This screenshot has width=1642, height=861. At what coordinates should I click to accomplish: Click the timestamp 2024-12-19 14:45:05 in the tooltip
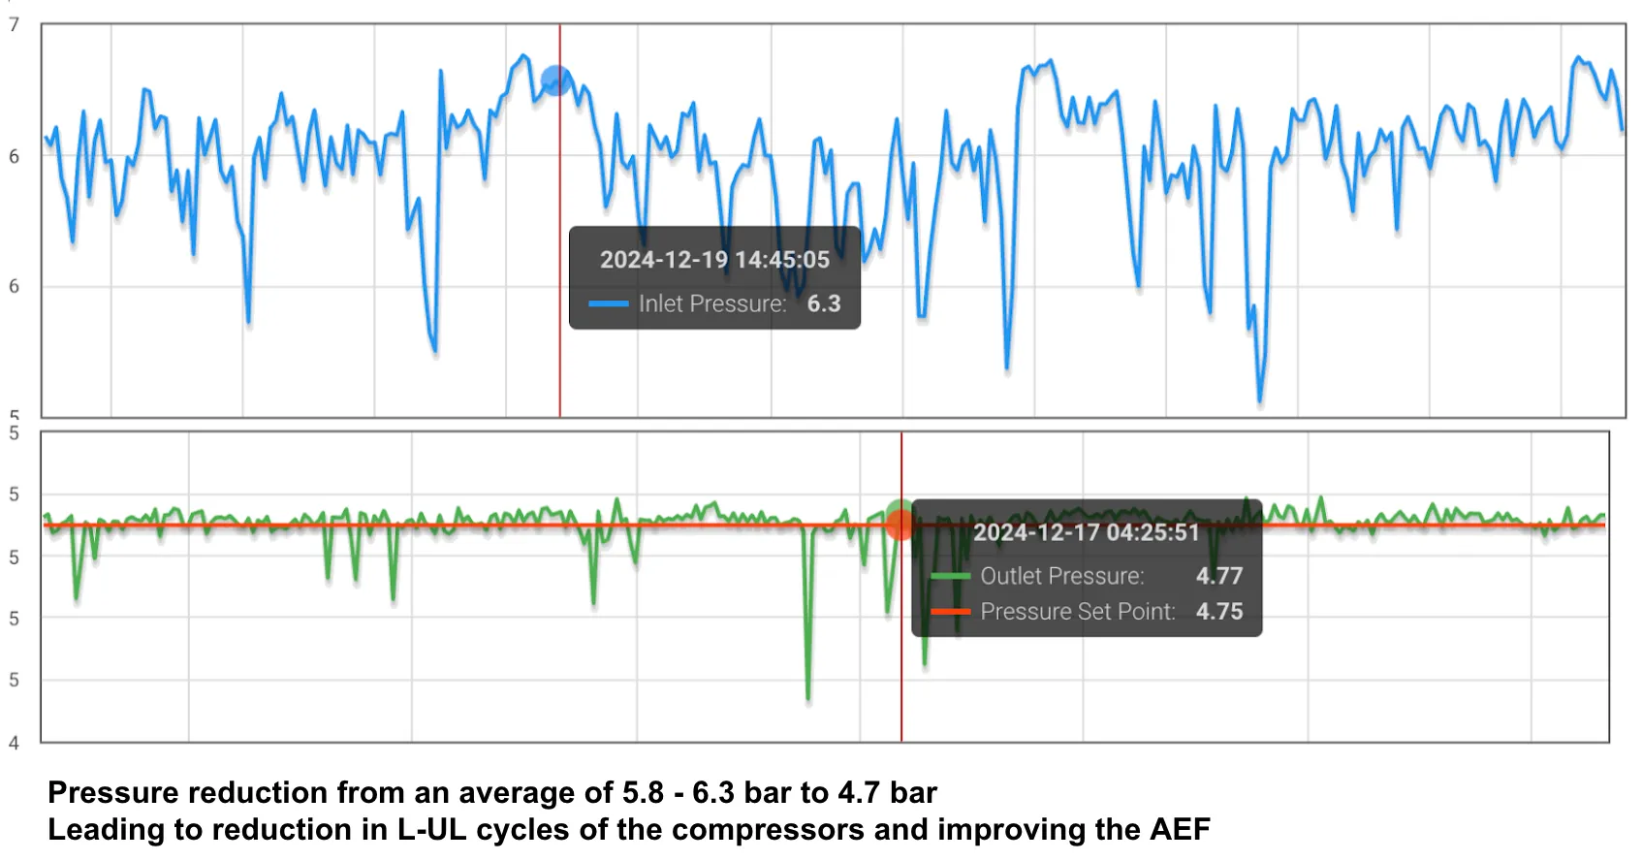[714, 260]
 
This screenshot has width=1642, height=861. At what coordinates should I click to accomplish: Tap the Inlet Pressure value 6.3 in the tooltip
[824, 303]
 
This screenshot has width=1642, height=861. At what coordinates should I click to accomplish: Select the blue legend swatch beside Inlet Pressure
[609, 303]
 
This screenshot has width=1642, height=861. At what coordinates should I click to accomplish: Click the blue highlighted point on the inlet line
[555, 80]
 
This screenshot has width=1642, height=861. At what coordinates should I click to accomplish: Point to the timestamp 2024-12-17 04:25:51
[1086, 532]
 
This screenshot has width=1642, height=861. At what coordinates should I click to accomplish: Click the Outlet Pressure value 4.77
[1219, 576]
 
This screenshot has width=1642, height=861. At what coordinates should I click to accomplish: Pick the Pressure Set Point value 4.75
[1219, 612]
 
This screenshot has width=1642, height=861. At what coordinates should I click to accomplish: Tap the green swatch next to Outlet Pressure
[950, 576]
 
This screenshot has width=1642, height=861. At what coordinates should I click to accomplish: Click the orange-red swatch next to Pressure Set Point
[950, 612]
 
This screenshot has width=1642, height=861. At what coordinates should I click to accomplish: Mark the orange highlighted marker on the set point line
[900, 526]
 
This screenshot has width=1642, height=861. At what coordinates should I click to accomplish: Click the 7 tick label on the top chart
[14, 25]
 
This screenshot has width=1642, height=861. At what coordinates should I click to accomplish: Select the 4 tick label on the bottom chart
[14, 743]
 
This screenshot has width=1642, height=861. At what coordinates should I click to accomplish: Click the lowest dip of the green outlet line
[807, 698]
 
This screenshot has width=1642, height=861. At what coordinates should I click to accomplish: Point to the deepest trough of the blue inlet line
[1260, 400]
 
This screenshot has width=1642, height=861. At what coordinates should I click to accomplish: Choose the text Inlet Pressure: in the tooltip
[712, 303]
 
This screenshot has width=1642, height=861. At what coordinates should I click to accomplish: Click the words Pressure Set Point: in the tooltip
[1078, 612]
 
